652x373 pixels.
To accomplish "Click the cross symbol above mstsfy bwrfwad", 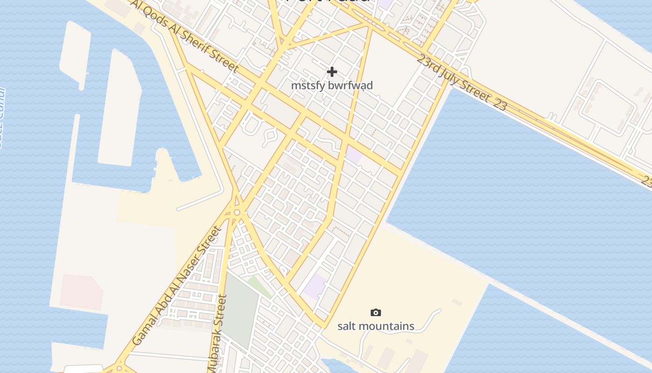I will pos(332,72).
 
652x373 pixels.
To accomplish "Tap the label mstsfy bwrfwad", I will pos(332,86).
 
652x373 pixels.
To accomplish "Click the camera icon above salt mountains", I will pos(375,312).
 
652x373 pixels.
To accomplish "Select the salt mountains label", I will pos(375,326).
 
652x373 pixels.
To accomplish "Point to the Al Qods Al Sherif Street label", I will pos(185,35).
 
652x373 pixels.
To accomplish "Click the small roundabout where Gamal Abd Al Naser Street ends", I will pos(237,213).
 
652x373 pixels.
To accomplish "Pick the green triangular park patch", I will pos(259,285).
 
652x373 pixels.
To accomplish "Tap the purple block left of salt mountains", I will pos(315,286).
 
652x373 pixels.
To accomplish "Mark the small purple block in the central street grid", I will pos(354,154).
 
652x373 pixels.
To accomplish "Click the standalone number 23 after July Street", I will pos(499,105).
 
